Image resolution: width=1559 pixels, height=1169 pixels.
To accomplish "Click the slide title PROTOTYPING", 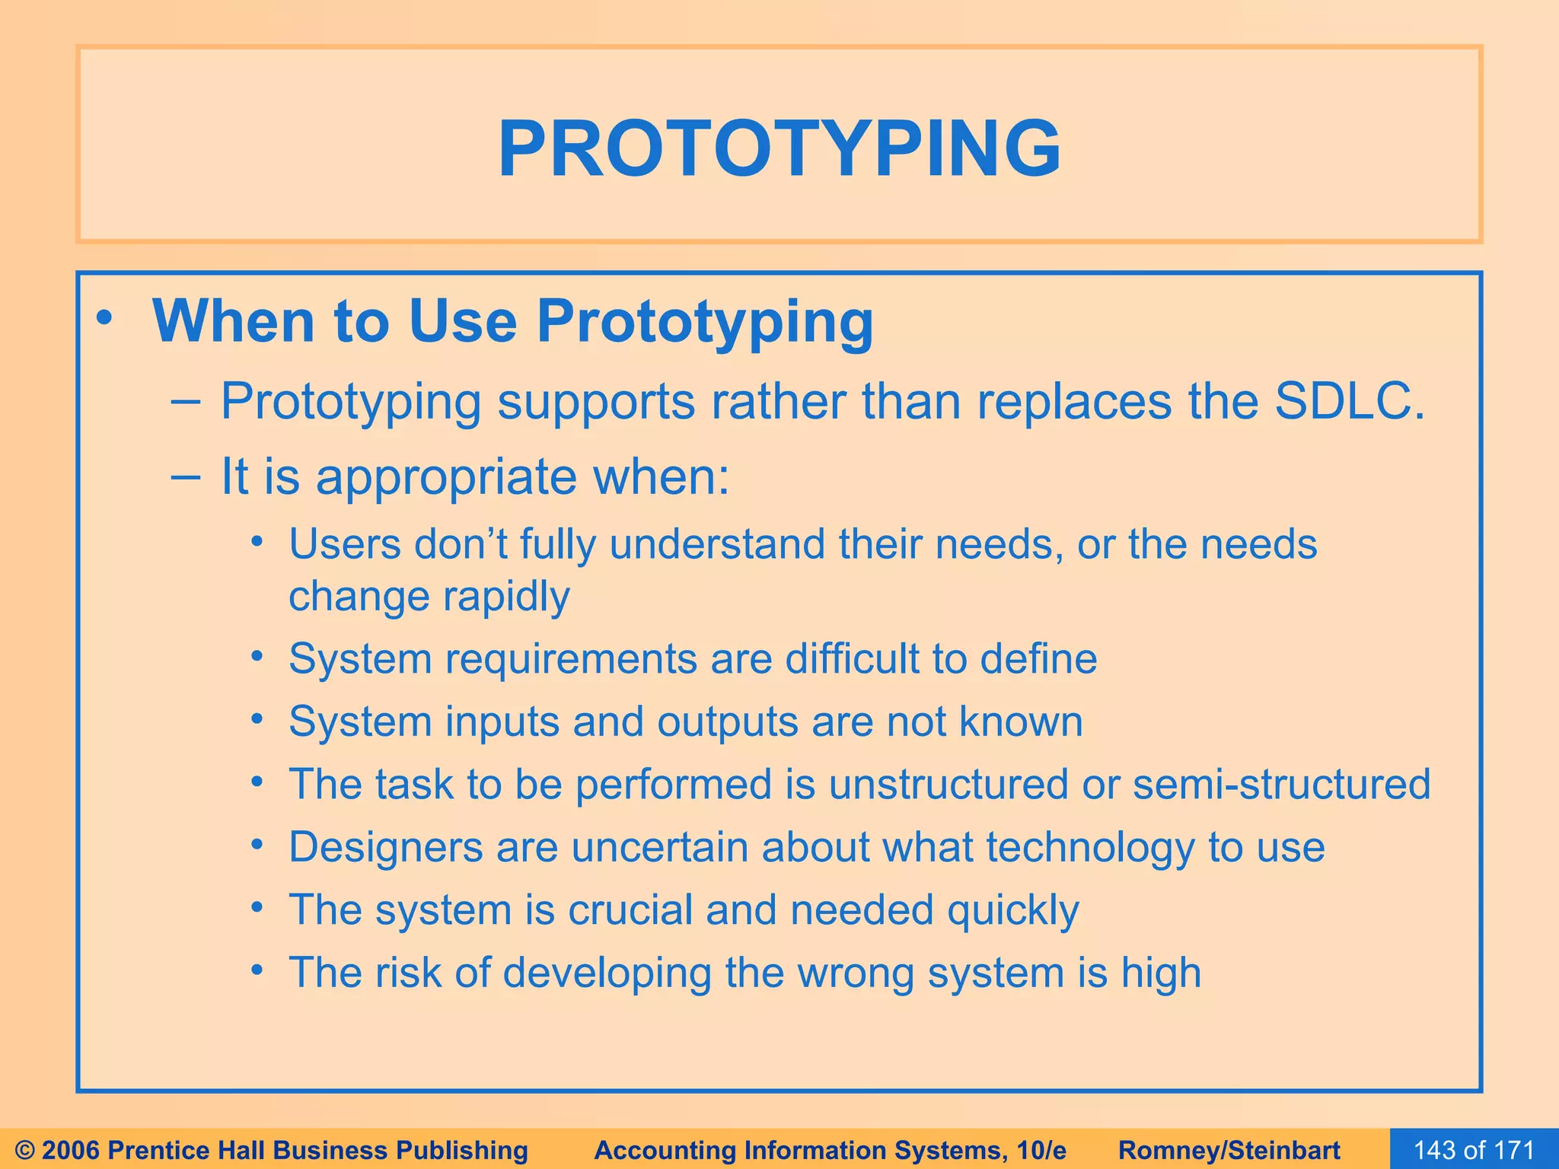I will tap(779, 149).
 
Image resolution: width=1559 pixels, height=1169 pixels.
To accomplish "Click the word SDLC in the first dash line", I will tap(1348, 401).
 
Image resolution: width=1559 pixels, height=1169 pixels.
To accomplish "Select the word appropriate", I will tap(447, 477).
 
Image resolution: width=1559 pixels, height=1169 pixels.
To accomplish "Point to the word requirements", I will tap(571, 659).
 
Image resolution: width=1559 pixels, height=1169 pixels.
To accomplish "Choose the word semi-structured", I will tap(1281, 784).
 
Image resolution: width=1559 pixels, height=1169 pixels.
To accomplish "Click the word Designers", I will tap(386, 847).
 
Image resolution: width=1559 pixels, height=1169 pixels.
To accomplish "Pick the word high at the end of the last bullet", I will tap(1161, 973).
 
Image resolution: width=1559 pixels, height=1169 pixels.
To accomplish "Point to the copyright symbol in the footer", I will tap(24, 1150).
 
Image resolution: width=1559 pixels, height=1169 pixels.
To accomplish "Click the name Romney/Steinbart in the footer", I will tap(1229, 1150).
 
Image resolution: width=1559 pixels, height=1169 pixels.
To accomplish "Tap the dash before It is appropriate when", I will tap(186, 476).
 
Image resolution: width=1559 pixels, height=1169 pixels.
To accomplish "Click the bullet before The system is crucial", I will tap(258, 908).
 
